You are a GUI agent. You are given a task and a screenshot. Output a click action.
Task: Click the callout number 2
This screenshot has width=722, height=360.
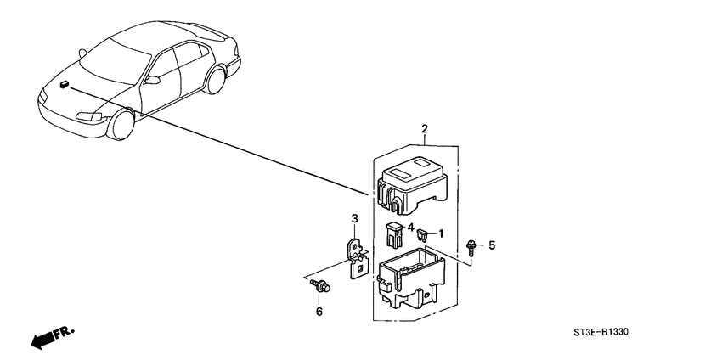[425, 129]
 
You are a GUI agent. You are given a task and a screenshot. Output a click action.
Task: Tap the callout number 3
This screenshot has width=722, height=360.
[355, 219]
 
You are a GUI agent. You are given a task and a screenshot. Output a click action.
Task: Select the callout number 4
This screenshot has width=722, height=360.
[410, 228]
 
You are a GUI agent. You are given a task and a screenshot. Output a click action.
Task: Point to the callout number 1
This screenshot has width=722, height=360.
[442, 233]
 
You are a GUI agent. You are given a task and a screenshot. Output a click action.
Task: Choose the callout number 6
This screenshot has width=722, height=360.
[320, 312]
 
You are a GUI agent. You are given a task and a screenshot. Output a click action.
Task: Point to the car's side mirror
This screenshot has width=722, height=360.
[153, 80]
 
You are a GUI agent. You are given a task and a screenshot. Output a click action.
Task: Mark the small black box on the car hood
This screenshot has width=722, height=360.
[65, 83]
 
